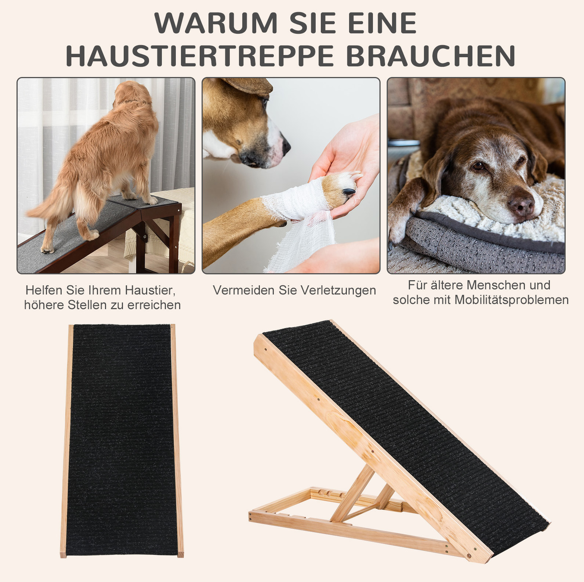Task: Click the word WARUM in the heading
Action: pyautogui.click(x=216, y=23)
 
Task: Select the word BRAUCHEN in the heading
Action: pyautogui.click(x=431, y=56)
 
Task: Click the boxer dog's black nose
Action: pyautogui.click(x=286, y=146)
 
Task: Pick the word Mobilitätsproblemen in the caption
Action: pyautogui.click(x=511, y=300)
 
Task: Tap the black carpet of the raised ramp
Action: pyautogui.click(x=404, y=422)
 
